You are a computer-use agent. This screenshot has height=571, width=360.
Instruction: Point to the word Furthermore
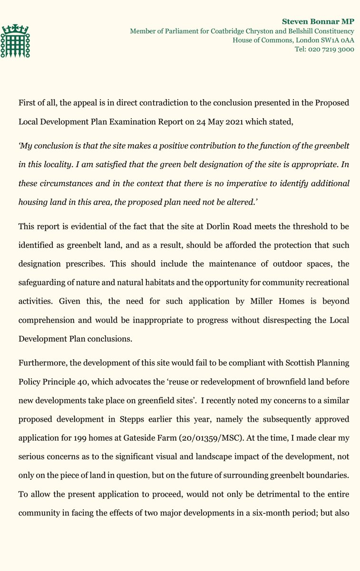point(41,363)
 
